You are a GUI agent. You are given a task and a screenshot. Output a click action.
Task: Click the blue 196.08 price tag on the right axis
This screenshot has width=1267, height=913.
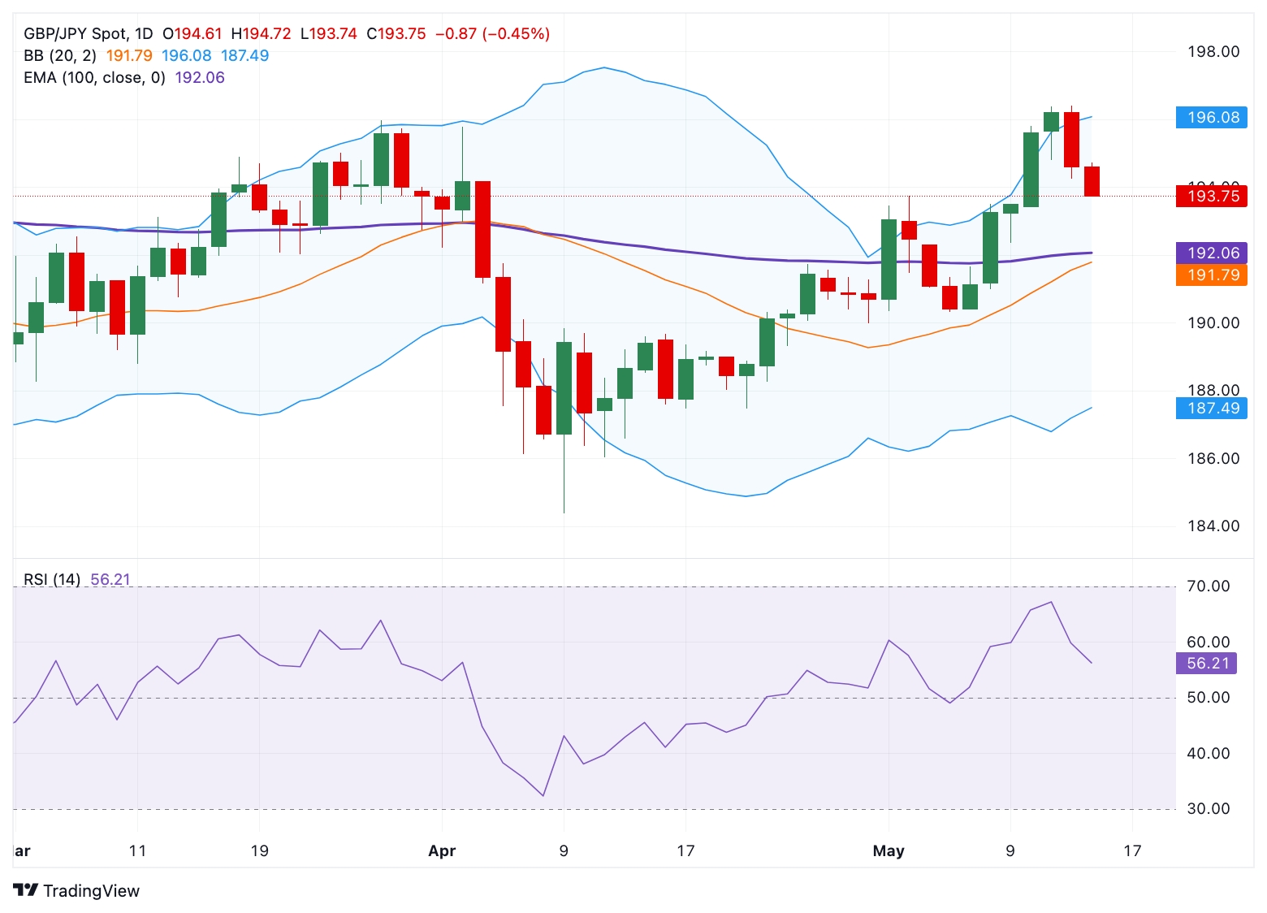[x=1212, y=118]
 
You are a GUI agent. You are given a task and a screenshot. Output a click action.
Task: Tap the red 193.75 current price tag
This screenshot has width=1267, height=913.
[x=1212, y=196]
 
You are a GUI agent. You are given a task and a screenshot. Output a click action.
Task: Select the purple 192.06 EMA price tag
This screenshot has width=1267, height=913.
[x=1212, y=253]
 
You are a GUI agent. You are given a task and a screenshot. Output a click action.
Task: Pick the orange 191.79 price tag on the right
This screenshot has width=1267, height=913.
[x=1212, y=275]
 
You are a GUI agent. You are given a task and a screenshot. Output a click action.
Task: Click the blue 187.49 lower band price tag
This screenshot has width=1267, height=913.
[x=1212, y=408]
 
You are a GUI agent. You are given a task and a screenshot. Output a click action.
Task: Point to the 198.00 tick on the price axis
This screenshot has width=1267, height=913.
[x=1213, y=52]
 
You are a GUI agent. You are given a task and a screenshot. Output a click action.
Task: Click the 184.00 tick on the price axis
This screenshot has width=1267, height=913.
[x=1213, y=526]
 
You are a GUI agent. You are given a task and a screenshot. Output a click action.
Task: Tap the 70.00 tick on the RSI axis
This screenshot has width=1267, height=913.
[x=1208, y=586]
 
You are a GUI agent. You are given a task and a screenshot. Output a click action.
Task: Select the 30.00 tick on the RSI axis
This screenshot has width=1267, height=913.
[x=1208, y=809]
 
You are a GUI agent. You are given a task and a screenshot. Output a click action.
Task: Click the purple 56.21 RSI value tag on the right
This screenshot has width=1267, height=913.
[x=1207, y=664]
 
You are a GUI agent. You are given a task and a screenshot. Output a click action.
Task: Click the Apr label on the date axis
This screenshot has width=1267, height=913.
[x=442, y=851]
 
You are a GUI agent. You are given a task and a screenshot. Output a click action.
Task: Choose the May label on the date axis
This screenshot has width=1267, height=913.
[x=888, y=851]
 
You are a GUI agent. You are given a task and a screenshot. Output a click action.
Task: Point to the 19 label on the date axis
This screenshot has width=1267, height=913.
[x=259, y=851]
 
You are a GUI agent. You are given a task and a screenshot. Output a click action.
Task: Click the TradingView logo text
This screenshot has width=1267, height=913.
[x=90, y=891]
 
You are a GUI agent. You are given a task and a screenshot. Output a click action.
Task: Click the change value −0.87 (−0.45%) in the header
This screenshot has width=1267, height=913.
[x=492, y=34]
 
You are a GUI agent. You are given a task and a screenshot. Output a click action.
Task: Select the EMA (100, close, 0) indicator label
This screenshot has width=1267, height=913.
[x=94, y=78]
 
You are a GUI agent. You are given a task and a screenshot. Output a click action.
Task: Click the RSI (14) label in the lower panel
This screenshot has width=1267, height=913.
[x=51, y=580]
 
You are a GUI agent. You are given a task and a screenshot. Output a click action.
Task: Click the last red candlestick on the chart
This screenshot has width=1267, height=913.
[x=1092, y=181]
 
